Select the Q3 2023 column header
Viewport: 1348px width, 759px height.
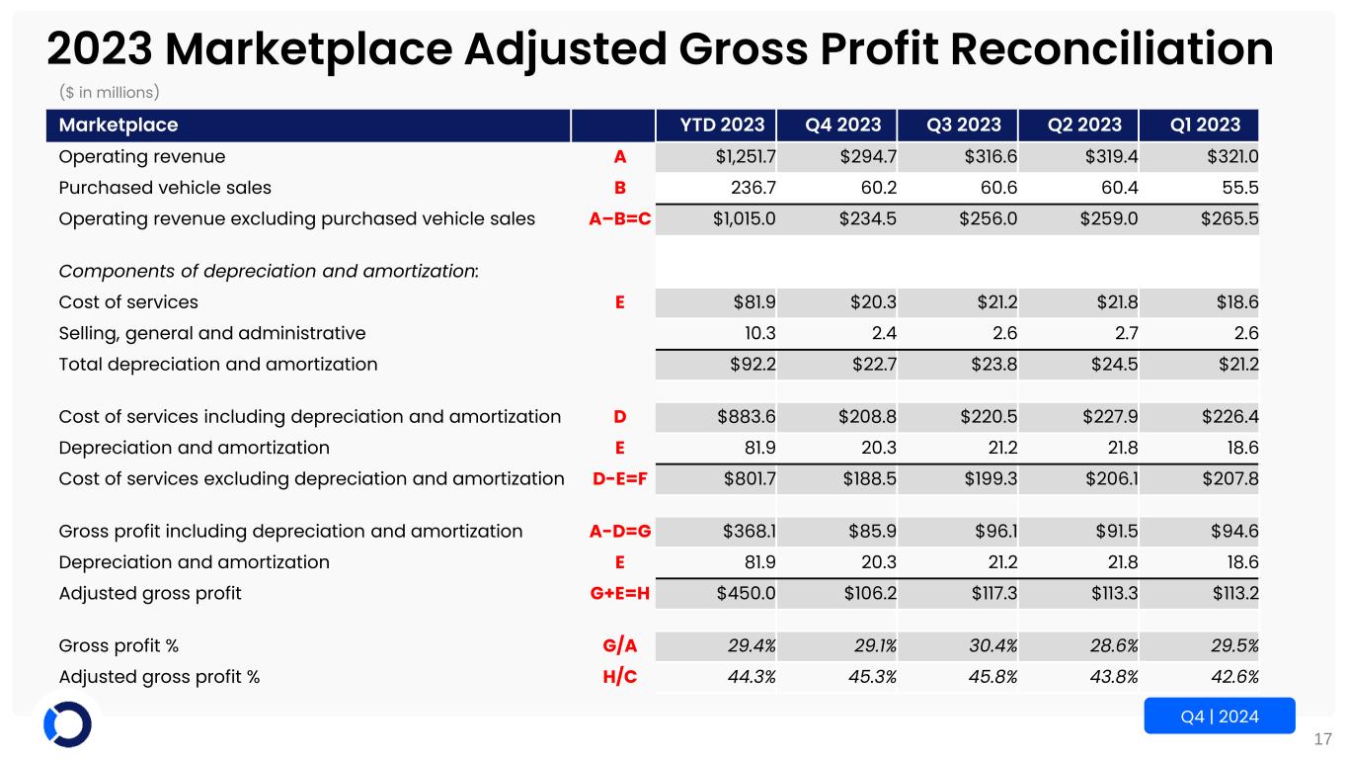pos(963,126)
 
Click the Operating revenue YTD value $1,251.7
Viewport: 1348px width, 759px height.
pos(743,157)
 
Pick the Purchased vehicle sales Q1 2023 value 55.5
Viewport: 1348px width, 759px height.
pos(1239,188)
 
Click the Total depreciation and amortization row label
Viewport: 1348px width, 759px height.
pos(218,364)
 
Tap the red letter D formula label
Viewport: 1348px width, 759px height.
pos(619,417)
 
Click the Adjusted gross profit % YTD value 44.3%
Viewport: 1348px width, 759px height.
pos(752,677)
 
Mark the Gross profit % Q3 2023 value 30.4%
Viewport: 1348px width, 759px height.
pos(991,646)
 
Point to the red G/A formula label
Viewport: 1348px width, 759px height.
pos(619,646)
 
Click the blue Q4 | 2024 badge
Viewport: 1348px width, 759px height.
pos(1219,716)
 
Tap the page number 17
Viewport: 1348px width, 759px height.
pos(1323,738)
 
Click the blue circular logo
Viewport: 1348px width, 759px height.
pos(67,724)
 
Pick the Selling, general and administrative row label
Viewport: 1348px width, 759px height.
pos(212,333)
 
